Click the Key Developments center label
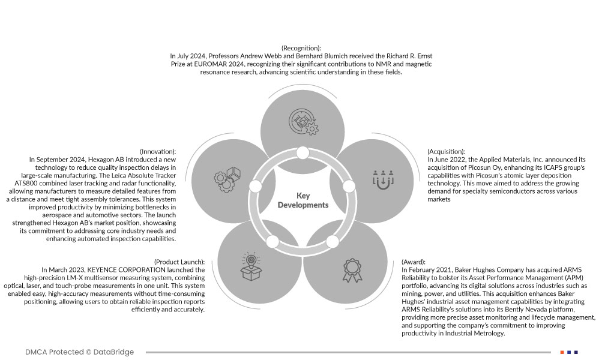(x=302, y=200)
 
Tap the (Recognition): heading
(x=301, y=47)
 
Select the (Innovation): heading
(x=157, y=152)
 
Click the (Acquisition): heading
(x=447, y=152)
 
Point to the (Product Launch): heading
(x=179, y=262)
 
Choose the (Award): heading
(x=414, y=262)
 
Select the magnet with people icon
(x=382, y=178)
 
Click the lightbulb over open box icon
(x=251, y=267)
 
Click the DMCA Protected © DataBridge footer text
(x=80, y=352)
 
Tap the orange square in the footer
(x=562, y=352)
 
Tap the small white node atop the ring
(x=302, y=153)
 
